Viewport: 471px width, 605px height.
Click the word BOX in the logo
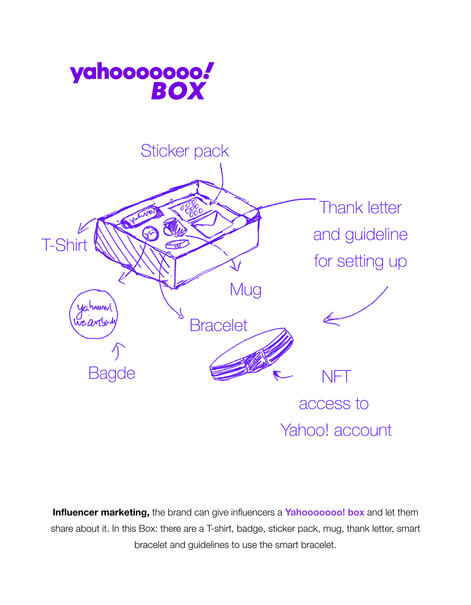click(178, 91)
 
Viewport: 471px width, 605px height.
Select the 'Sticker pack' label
click(185, 151)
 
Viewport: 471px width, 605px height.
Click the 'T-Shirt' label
click(64, 245)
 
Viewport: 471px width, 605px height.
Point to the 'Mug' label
click(246, 290)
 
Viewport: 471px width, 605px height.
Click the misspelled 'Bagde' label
click(112, 373)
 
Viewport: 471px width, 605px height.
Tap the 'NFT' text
click(336, 377)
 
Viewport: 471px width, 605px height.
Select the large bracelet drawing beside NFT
click(251, 354)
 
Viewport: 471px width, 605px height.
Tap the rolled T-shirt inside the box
click(142, 216)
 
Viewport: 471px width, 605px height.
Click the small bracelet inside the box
click(177, 244)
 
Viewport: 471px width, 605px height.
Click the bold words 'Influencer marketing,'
click(101, 513)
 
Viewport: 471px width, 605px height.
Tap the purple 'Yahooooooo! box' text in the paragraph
click(324, 513)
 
